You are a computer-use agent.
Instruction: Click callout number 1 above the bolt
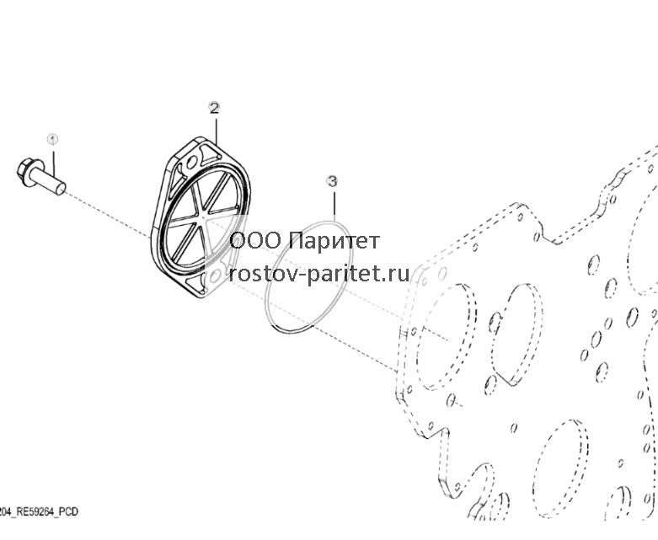(x=52, y=139)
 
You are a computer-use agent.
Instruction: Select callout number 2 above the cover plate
(x=214, y=108)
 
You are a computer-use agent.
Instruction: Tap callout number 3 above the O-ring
(x=332, y=182)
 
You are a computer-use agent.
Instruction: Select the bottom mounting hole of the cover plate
(x=214, y=276)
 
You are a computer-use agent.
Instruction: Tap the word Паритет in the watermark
(x=334, y=241)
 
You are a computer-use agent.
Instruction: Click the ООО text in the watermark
(x=255, y=241)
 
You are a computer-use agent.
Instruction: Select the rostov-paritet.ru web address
(x=319, y=274)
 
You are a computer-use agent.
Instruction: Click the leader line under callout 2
(x=217, y=131)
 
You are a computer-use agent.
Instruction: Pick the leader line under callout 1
(x=54, y=163)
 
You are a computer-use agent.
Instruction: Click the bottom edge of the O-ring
(x=294, y=330)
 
